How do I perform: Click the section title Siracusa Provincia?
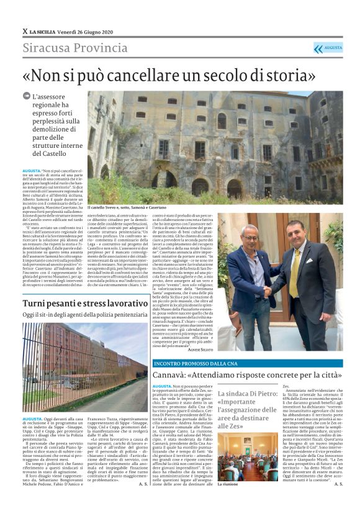coord(75,48)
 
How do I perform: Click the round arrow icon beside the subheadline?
coord(26,97)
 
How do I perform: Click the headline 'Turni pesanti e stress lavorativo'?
coord(86,303)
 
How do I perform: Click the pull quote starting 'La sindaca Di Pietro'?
coord(247,410)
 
